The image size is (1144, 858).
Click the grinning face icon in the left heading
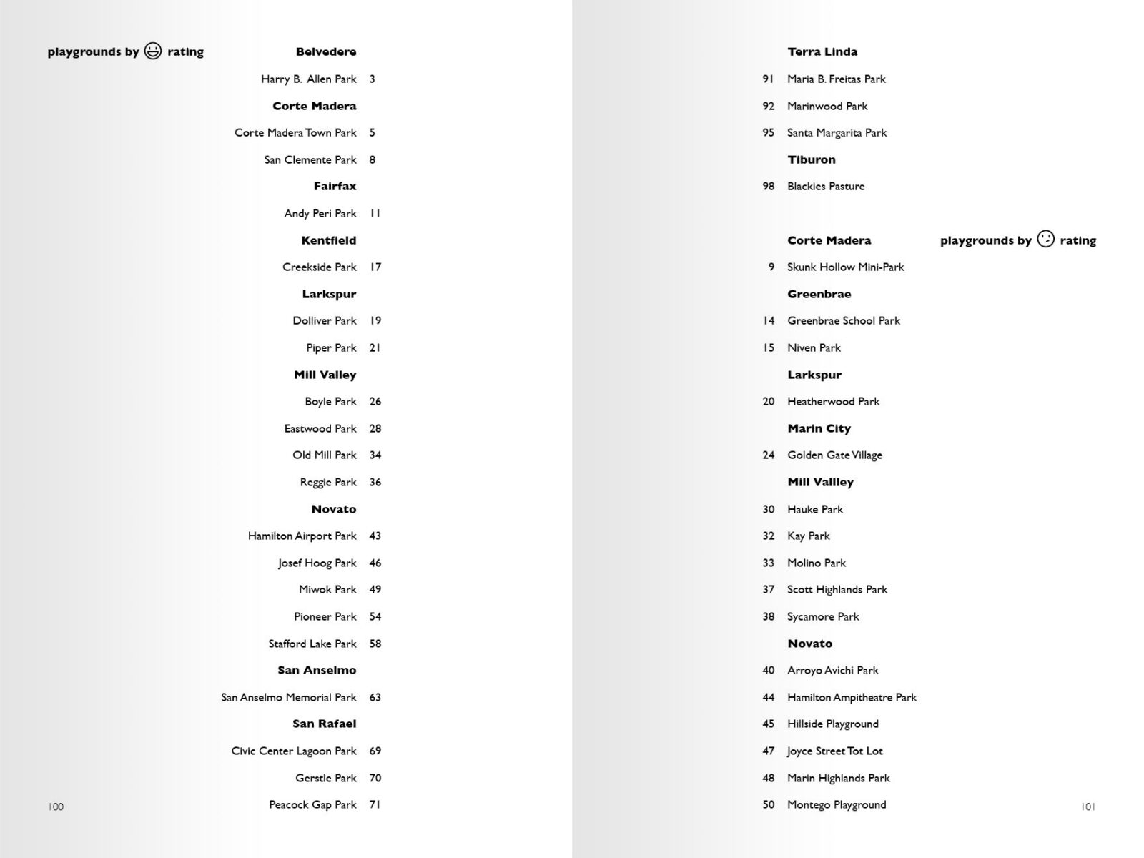coord(153,51)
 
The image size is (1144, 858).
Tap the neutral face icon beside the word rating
coord(1045,239)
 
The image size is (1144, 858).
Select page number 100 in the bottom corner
coord(56,807)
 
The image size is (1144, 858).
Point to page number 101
coord(1088,807)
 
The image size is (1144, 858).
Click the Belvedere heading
coord(326,51)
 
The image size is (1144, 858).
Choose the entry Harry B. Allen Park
coord(308,79)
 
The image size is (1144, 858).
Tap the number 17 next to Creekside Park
coord(375,267)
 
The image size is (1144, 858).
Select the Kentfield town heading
coord(328,240)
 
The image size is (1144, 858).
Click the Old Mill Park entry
coord(324,455)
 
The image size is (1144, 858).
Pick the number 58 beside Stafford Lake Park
coord(375,643)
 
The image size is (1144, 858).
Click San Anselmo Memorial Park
coord(288,697)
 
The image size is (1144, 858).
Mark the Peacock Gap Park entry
coord(312,804)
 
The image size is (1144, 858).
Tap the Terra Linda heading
coord(822,51)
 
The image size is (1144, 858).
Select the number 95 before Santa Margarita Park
coord(769,132)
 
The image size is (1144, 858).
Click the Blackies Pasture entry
coord(826,186)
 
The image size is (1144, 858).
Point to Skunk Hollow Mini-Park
coord(846,267)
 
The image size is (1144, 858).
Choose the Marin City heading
coord(819,428)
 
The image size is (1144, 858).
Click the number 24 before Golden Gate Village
coord(769,455)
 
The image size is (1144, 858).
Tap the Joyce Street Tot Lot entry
coord(835,751)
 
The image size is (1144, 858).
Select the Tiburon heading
coord(812,159)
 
